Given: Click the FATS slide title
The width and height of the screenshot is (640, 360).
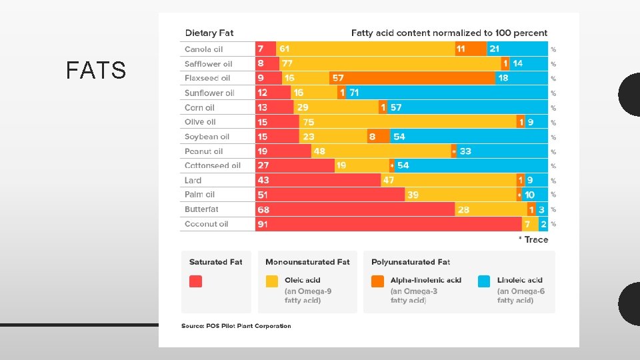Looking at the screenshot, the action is [96, 70].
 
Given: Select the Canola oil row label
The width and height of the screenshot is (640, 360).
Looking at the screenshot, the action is [204, 49].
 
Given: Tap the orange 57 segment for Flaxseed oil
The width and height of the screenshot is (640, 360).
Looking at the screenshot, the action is [412, 78].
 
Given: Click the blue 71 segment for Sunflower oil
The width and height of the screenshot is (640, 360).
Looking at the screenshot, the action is [447, 93].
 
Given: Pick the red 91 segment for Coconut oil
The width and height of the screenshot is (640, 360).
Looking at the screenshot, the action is [389, 224].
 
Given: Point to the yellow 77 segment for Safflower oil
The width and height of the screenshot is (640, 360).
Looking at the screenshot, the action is [390, 64].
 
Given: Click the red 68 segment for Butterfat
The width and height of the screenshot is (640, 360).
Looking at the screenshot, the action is [355, 209].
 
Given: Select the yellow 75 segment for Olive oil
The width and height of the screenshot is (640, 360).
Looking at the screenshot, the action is [408, 122].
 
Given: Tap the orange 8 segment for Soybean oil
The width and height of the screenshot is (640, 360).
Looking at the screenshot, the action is [379, 137].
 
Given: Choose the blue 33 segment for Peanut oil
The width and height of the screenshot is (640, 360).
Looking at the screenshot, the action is [502, 151].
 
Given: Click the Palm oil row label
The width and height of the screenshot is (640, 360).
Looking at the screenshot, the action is [199, 195].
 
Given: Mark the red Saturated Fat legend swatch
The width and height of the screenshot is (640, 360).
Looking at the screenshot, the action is [195, 281].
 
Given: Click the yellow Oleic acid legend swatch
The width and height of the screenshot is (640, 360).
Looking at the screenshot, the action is [272, 281].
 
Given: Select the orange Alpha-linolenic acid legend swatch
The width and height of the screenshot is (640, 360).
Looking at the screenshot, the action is [377, 281].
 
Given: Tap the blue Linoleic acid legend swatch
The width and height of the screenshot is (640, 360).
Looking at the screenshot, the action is [484, 281].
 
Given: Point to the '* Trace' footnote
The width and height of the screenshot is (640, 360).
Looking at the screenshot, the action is [533, 239].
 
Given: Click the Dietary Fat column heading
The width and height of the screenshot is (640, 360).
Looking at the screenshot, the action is [209, 33].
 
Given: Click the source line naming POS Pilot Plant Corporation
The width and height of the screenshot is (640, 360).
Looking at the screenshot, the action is [236, 326].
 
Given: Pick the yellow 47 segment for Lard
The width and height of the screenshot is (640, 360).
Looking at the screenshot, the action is [449, 180].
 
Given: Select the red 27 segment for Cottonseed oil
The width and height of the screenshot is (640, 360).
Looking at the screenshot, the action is [295, 165].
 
